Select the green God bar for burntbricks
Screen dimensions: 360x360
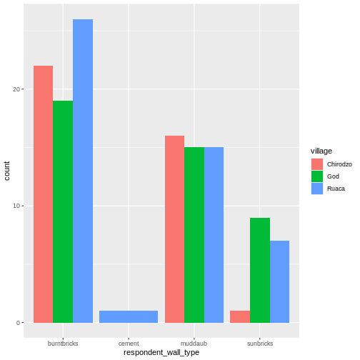[x=63, y=211]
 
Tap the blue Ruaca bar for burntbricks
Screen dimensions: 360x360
[x=83, y=171]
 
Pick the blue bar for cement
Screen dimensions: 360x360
[x=129, y=316]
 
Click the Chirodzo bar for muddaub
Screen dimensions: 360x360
[x=174, y=229]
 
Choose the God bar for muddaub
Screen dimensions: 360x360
[x=194, y=235]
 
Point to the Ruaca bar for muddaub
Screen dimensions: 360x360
[x=214, y=235]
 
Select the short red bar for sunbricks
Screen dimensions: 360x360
[x=240, y=316]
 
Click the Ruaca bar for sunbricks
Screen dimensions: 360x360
[x=279, y=281]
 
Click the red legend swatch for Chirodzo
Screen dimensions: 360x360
[x=316, y=164]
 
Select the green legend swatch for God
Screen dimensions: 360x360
[x=316, y=176]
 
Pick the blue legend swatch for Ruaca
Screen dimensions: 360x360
[x=316, y=189]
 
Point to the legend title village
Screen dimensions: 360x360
[x=321, y=151]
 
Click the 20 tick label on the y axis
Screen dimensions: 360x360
[x=16, y=89]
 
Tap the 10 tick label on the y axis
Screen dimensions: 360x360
[x=16, y=206]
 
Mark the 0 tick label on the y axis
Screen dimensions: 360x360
[x=19, y=323]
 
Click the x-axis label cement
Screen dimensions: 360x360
[x=129, y=343]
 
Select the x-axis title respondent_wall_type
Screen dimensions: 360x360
[x=161, y=352]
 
